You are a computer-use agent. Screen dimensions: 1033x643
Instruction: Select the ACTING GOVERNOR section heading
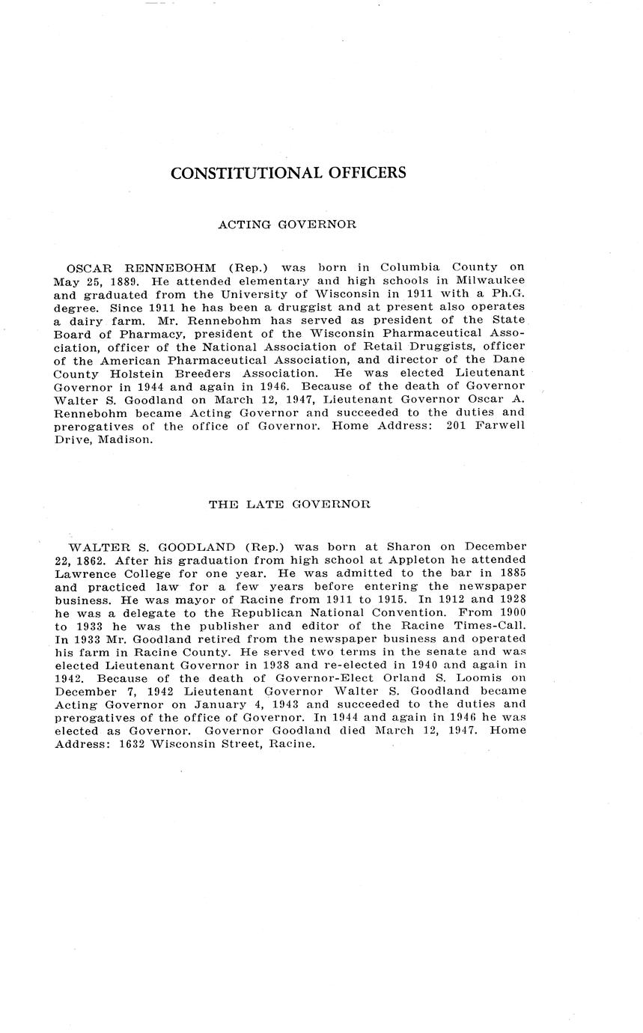coord(287,224)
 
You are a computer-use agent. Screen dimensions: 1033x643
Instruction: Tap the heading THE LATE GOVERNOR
coord(289,505)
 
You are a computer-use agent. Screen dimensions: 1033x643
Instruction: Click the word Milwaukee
coord(491,280)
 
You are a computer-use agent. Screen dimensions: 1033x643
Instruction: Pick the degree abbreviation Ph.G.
coord(506,293)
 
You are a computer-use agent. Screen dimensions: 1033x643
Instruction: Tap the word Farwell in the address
coord(500,426)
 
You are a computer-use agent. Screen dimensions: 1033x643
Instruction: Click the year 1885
coord(510,573)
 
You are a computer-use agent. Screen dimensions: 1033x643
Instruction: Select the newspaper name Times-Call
coord(487,626)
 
